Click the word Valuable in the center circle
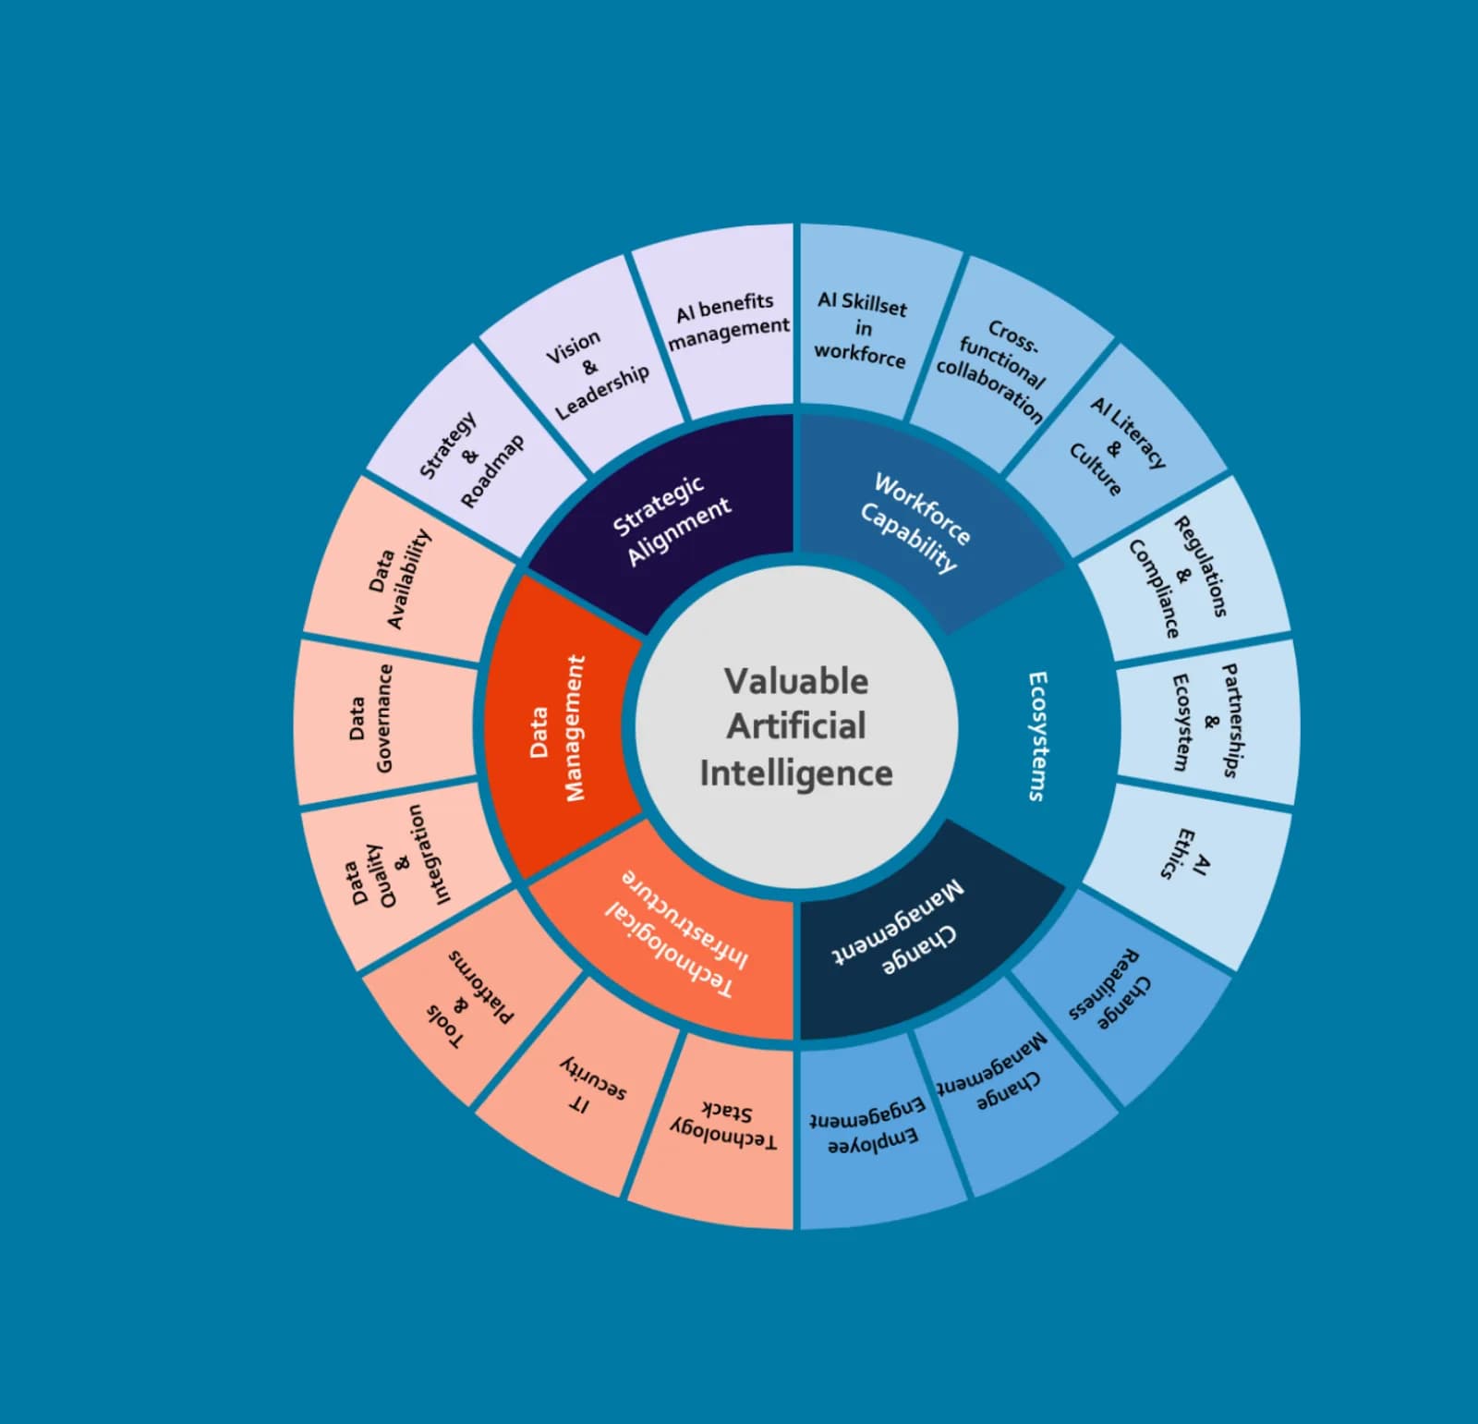796,681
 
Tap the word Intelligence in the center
796,773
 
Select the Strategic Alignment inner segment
672,520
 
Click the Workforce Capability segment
915,522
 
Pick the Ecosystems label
1038,736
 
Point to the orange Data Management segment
558,728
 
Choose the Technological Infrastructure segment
676,933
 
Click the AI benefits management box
728,321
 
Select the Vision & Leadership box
595,373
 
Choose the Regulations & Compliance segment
1179,578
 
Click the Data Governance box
371,719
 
